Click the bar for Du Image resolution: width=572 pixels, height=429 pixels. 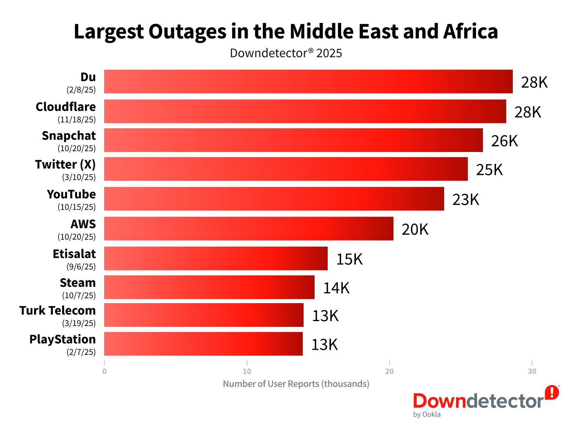coord(308,82)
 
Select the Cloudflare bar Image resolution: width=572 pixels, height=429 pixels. coord(305,112)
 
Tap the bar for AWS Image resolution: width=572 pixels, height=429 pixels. coord(248,229)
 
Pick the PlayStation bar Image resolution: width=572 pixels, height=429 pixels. coord(203,344)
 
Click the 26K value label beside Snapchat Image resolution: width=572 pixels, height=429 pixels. coord(504,141)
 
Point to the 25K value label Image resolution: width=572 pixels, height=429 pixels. coord(489,170)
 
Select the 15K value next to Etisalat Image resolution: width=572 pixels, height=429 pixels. coord(349,259)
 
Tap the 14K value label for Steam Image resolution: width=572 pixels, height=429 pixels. coord(336,288)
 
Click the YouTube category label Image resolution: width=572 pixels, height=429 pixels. coord(71,194)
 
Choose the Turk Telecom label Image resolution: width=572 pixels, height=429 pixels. coord(58,311)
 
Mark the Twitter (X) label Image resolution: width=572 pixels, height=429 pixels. coord(65,164)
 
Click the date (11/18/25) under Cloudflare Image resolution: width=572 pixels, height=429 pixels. coord(76,120)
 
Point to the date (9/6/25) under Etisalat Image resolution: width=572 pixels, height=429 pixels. coord(81,267)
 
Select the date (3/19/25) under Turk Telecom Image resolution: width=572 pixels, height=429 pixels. coord(79,323)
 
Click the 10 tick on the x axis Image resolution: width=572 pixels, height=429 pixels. coord(247,371)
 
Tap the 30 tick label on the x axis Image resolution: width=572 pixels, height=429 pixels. coord(532,371)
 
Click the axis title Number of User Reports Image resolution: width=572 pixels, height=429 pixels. coord(296,384)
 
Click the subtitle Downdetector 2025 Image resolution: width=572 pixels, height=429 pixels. coord(286,53)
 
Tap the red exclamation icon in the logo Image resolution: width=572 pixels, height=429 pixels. coord(552,392)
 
